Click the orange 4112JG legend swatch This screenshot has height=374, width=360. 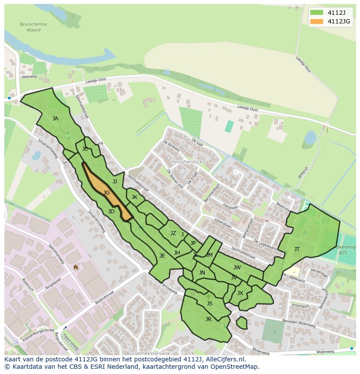[x=317, y=21]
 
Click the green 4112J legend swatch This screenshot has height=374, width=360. [x=317, y=12]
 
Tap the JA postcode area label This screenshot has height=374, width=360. [x=55, y=118]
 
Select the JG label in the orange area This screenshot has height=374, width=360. [x=107, y=192]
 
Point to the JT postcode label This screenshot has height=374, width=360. [x=297, y=249]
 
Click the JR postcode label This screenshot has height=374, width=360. [x=208, y=319]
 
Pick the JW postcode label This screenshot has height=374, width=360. [x=237, y=268]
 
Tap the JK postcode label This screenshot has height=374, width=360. [x=134, y=197]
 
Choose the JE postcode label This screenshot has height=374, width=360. [x=162, y=256]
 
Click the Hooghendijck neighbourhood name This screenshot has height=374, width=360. [x=187, y=161]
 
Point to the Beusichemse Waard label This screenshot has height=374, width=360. [x=33, y=27]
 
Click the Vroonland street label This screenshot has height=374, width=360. [x=300, y=306]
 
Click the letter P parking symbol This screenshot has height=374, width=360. [x=304, y=234]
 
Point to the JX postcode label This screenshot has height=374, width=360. [x=240, y=293]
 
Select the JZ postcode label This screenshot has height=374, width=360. [x=173, y=233]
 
